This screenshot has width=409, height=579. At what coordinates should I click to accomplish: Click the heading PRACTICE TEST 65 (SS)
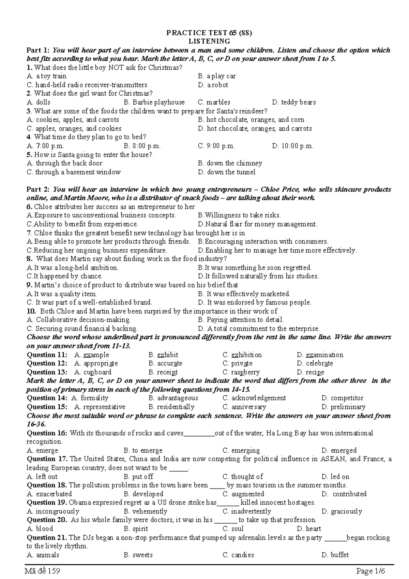[x=209, y=33]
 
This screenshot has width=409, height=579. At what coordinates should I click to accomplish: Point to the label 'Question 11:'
[x=47, y=355]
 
